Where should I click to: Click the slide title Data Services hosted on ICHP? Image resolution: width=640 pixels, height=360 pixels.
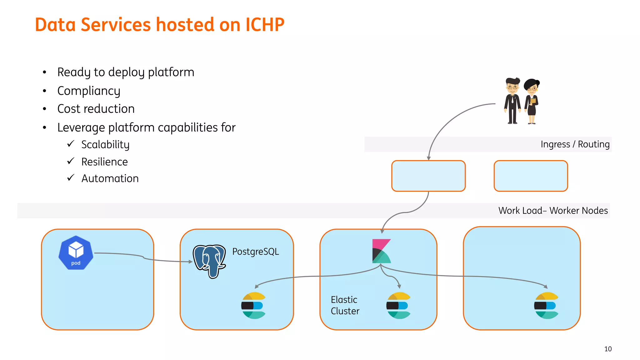tap(159, 25)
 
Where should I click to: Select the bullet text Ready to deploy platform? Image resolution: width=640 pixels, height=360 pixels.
tap(126, 72)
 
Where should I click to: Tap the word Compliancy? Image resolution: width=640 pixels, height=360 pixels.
tap(89, 91)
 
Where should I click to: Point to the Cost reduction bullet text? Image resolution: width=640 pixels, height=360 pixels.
tap(96, 109)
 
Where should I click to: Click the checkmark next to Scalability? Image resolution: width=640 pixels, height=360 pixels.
tap(71, 144)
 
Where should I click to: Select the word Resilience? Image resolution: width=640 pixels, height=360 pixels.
tap(104, 162)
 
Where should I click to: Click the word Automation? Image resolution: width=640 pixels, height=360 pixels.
tap(110, 178)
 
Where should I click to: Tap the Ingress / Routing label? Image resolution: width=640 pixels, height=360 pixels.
tap(575, 144)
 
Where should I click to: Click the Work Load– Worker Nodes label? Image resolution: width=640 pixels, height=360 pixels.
tap(553, 211)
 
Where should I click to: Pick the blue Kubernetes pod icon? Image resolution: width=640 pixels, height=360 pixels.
tap(76, 253)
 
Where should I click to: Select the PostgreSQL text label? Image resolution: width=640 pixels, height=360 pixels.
tap(255, 252)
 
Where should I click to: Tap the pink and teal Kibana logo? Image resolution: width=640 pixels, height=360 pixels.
tap(381, 251)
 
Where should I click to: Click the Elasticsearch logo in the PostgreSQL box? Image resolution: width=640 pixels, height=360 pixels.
tap(253, 305)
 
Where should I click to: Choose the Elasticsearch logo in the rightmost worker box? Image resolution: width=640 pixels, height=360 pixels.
tap(546, 305)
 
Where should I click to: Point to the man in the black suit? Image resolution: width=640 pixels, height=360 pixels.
tap(512, 101)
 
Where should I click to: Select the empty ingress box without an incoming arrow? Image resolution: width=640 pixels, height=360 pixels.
tap(531, 176)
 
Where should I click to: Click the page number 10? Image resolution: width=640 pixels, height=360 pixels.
tap(608, 349)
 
